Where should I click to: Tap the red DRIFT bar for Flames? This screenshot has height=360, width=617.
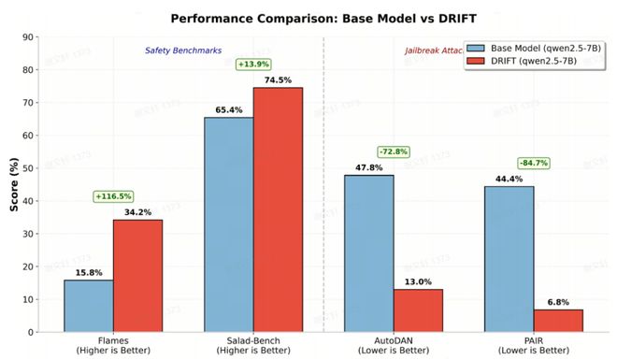coord(137,275)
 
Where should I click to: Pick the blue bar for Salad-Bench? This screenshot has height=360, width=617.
coord(229,223)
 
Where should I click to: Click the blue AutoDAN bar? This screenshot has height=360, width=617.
coord(369,252)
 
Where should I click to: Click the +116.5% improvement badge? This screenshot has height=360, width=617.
coord(113,196)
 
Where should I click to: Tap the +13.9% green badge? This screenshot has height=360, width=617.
coord(253,64)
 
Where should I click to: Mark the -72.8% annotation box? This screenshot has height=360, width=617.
coord(394,151)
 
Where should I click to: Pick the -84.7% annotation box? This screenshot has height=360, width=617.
coord(534,163)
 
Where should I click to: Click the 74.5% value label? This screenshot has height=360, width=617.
coord(278,79)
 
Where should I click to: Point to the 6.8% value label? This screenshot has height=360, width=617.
coord(558,301)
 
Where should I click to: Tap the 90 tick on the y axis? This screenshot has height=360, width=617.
coord(29,37)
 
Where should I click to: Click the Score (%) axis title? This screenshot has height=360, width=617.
coord(13,183)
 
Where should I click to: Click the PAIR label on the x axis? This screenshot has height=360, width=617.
coord(534,342)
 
